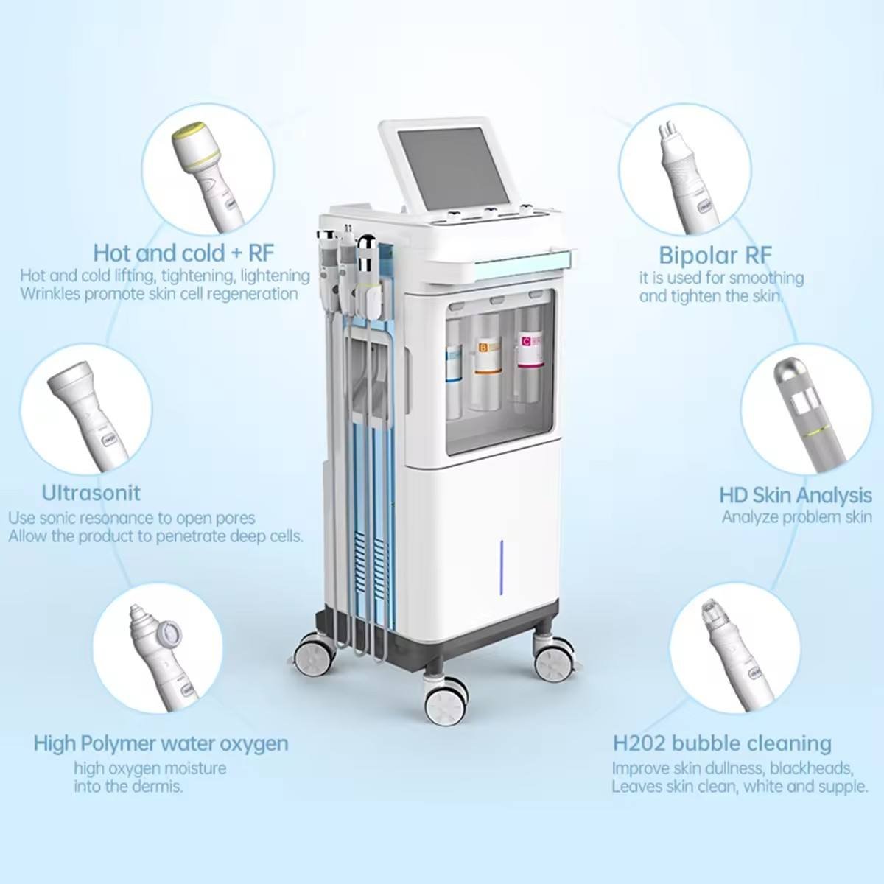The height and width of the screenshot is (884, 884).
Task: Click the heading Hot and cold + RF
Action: point(183,253)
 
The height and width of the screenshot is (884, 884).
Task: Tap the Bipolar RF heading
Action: point(715,255)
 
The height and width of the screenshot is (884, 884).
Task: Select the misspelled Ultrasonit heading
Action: point(91,493)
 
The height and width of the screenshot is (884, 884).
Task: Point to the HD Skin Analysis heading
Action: point(796,495)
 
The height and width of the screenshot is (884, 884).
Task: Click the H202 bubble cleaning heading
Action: point(722,743)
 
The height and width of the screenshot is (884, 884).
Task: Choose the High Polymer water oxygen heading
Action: point(161,743)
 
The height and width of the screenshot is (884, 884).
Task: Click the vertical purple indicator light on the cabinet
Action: point(502,567)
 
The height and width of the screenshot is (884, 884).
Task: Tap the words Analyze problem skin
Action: point(797,517)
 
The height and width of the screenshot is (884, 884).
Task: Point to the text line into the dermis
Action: point(128,786)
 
